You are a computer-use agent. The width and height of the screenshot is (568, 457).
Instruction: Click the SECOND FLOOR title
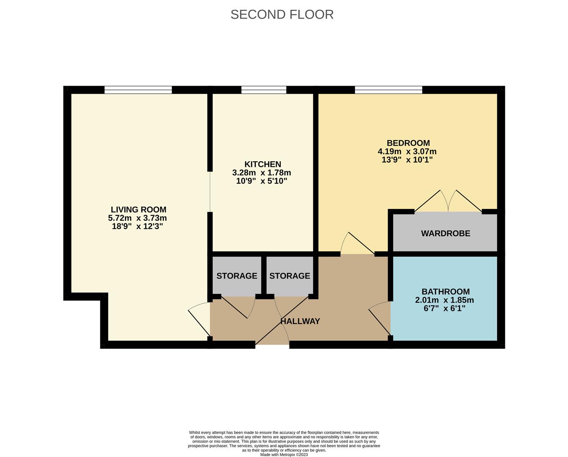[x=282, y=14]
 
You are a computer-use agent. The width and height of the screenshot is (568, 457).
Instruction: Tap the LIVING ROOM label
[x=138, y=209]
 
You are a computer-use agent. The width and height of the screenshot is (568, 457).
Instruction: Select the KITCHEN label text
[x=262, y=164]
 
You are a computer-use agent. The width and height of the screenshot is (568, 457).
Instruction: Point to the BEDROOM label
[x=408, y=143]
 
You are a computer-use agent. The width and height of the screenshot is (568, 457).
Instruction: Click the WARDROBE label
[x=445, y=233]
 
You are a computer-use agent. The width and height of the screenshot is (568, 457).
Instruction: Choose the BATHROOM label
[x=445, y=292]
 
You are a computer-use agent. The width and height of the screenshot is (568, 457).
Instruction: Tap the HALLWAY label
[x=300, y=321]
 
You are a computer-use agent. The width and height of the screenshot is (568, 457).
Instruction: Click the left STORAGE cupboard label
[x=236, y=276]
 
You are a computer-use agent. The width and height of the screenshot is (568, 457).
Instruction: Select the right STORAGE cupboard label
[x=289, y=276]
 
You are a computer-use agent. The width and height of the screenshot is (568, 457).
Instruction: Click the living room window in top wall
[x=138, y=90]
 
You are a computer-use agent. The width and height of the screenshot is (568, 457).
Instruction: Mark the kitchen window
[x=263, y=90]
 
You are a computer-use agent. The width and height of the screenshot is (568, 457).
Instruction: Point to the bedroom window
[x=388, y=90]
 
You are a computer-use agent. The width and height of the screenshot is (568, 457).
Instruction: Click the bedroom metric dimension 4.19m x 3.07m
[x=407, y=151]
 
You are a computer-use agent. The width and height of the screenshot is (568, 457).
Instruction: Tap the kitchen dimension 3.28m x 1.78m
[x=261, y=173]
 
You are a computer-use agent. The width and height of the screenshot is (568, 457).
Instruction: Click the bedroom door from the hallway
[x=357, y=245]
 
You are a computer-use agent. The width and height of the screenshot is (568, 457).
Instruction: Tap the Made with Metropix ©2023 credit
[x=284, y=454]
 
